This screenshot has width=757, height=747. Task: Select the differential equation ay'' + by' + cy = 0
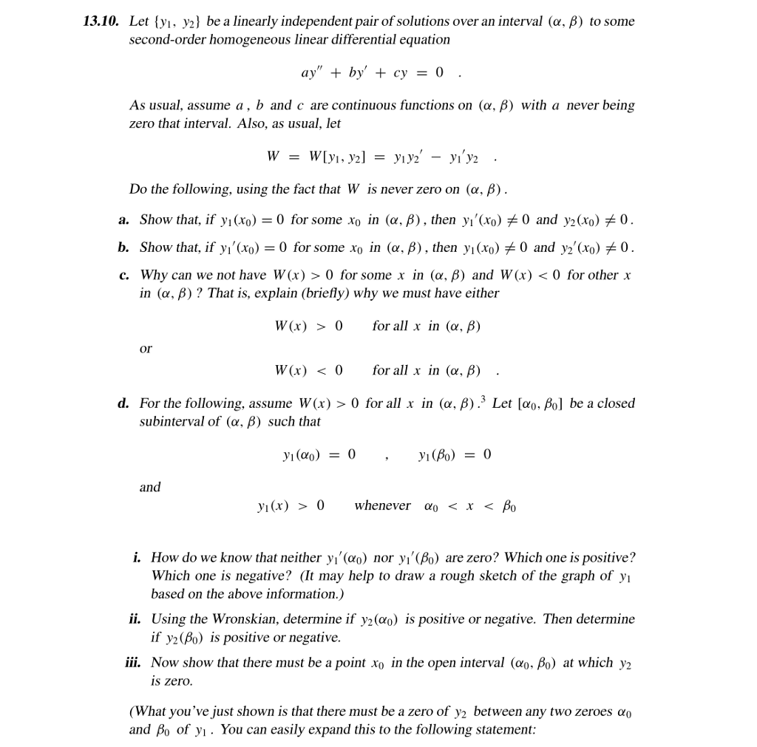click(x=372, y=73)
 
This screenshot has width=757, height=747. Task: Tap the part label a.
click(x=123, y=220)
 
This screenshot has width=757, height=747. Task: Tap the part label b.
click(x=123, y=248)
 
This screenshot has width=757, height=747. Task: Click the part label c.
click(x=123, y=276)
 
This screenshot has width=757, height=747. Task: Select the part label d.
click(x=123, y=403)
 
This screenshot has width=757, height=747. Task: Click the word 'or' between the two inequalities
click(x=146, y=349)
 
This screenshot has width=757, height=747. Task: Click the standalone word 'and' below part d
click(x=149, y=487)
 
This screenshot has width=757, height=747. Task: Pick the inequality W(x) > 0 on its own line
click(x=308, y=326)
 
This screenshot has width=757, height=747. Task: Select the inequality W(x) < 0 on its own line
click(x=308, y=370)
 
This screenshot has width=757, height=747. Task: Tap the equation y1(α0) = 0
click(x=314, y=454)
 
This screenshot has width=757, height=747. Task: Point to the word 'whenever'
click(x=382, y=506)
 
